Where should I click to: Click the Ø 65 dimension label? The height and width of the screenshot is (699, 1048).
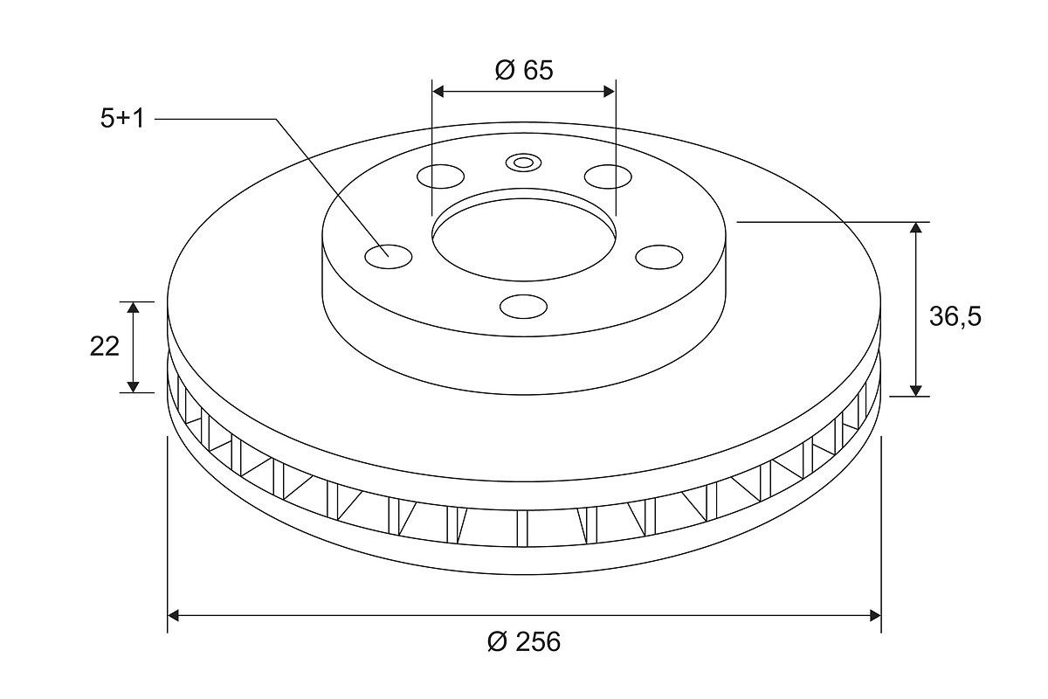coord(524,70)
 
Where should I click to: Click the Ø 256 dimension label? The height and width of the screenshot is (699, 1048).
coord(523,641)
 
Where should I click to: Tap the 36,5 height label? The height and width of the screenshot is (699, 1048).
coord(955,317)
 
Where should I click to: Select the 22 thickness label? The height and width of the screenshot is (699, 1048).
coord(104,347)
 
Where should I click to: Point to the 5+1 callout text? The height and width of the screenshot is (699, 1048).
coord(122,119)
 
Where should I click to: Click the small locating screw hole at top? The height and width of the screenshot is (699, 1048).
coord(523,163)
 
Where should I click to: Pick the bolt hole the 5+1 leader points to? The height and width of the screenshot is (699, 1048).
coord(389,257)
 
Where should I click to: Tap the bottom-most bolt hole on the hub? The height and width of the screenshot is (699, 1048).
coord(523,306)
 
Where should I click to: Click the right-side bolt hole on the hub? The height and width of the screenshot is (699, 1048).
coord(658,257)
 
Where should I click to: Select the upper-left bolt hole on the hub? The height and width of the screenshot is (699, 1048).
coord(440,176)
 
